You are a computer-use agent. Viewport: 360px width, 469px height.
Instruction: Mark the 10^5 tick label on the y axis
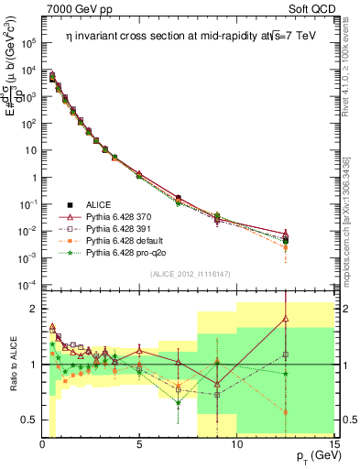point(28,42)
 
